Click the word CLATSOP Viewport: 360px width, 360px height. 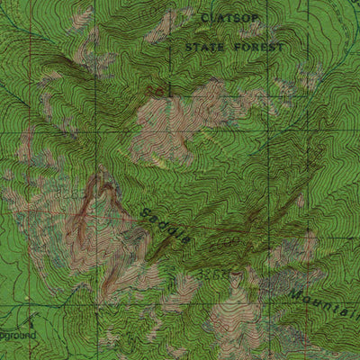(231, 17)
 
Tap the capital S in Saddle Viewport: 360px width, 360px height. (146, 211)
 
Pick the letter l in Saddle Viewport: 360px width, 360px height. (179, 235)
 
